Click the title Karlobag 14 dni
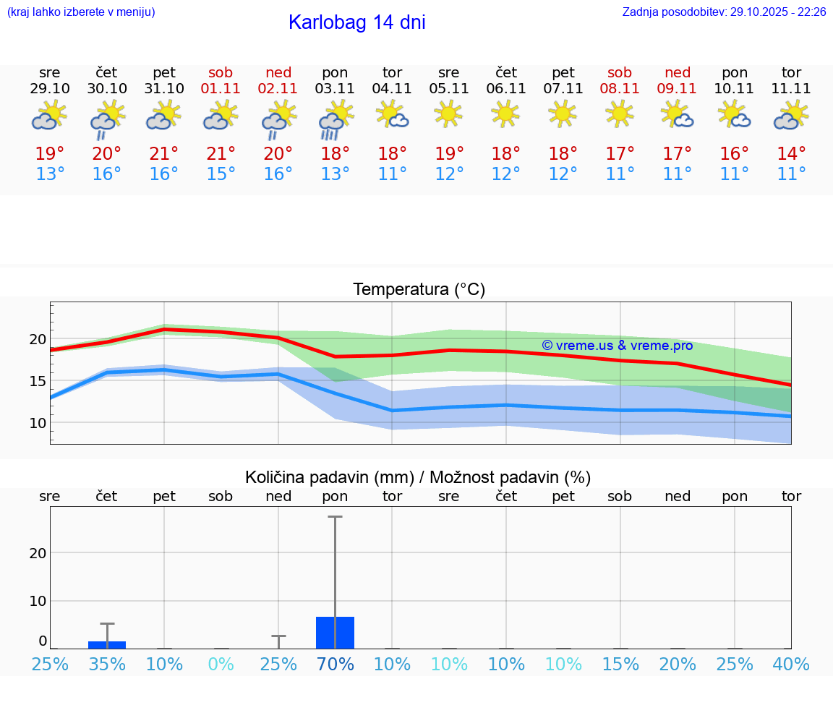pyautogui.click(x=356, y=22)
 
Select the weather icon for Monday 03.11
pyautogui.click(x=335, y=119)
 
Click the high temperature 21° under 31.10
pyautogui.click(x=164, y=154)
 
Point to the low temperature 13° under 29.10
pyautogui.click(x=50, y=174)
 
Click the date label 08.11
pyautogui.click(x=620, y=89)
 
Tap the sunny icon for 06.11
pyautogui.click(x=505, y=114)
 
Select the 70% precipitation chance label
pyautogui.click(x=335, y=665)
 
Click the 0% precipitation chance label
pyautogui.click(x=221, y=665)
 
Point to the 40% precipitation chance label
pyautogui.click(x=791, y=665)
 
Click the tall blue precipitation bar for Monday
pyautogui.click(x=335, y=633)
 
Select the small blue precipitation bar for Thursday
pyautogui.click(x=107, y=644)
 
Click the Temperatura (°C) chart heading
pyautogui.click(x=419, y=290)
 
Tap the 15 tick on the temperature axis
pyautogui.click(x=38, y=381)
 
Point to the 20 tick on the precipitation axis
pyautogui.click(x=38, y=553)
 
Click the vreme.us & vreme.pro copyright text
pyautogui.click(x=617, y=346)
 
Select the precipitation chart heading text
pyautogui.click(x=418, y=477)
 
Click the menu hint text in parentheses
pyautogui.click(x=81, y=12)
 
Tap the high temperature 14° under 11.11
pyautogui.click(x=791, y=154)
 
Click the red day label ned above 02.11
pyautogui.click(x=278, y=73)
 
